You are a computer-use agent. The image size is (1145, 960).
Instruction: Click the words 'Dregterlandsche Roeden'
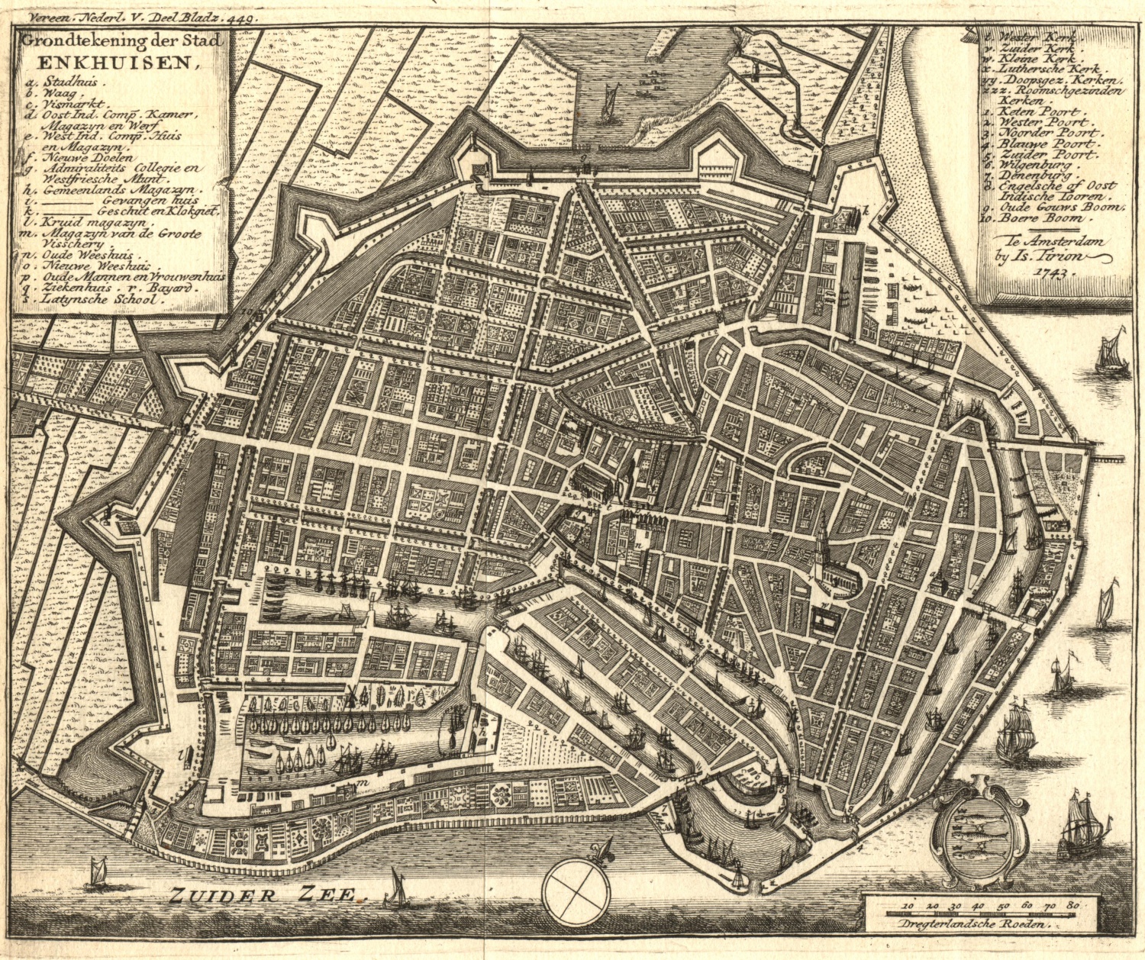(980, 922)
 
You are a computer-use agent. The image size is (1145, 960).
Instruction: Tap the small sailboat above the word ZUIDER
(98, 869)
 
